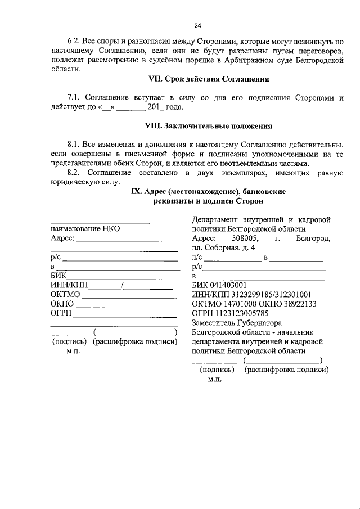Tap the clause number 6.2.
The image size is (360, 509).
tap(75, 42)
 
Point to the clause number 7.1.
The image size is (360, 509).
tap(75, 97)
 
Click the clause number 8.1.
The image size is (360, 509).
tap(75, 145)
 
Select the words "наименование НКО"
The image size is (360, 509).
tap(85, 229)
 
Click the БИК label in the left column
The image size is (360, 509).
tap(58, 276)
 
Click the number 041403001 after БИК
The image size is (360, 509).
tap(228, 285)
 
